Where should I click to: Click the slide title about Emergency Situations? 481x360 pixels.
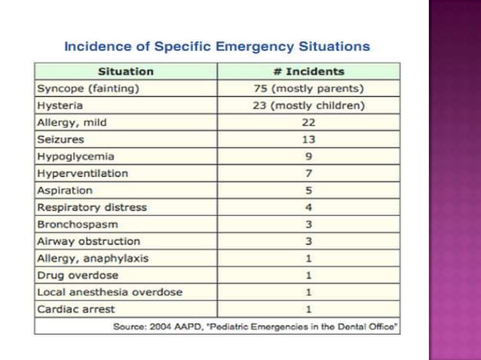click(217, 47)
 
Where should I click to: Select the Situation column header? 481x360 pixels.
click(126, 72)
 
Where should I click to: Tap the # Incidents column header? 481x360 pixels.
click(309, 72)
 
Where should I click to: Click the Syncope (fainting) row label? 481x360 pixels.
click(88, 88)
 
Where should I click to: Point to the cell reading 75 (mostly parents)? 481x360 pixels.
click(309, 88)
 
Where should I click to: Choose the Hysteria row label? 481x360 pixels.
click(60, 105)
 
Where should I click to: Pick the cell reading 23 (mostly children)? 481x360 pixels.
click(309, 105)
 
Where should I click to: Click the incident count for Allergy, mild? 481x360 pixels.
click(309, 122)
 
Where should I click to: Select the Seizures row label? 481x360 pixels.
click(60, 139)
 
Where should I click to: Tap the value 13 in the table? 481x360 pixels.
click(309, 139)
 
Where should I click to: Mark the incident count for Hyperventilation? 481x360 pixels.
click(309, 173)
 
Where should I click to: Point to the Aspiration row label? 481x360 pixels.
click(65, 191)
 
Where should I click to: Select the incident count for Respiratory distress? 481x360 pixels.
click(309, 207)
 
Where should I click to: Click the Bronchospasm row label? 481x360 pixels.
click(78, 224)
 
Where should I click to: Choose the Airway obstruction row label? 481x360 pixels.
click(89, 241)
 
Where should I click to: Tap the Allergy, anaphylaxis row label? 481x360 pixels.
click(93, 258)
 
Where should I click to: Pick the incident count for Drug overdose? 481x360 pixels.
click(309, 275)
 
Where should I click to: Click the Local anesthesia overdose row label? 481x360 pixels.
click(110, 292)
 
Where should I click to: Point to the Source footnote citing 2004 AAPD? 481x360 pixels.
click(256, 326)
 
